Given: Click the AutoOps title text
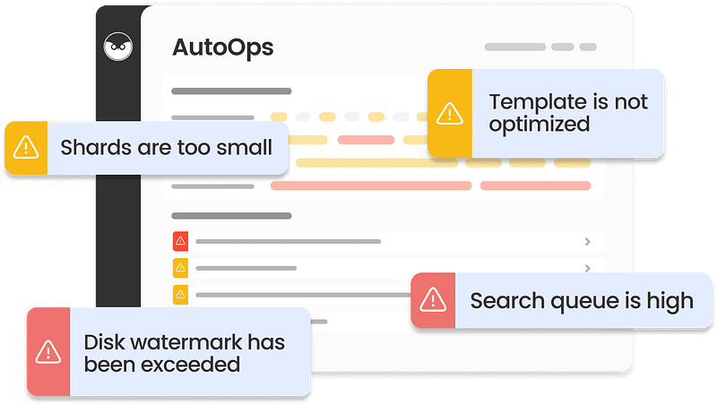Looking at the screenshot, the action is click(x=222, y=48).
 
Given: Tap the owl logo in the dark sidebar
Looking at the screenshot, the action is click(x=118, y=47).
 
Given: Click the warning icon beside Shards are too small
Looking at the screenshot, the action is click(x=26, y=147).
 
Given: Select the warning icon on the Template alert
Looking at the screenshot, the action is click(x=450, y=114).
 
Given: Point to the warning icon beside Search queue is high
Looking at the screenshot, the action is click(x=433, y=300).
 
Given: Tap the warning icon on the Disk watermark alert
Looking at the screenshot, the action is click(x=48, y=352).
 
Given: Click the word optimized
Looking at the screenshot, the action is click(x=540, y=125).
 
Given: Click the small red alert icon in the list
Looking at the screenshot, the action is click(x=181, y=241).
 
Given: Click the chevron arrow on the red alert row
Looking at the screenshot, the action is click(x=588, y=241).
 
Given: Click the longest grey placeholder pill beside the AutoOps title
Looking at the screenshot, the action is click(x=514, y=47).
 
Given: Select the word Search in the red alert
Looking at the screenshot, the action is click(x=507, y=301).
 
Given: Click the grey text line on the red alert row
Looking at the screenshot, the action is click(x=288, y=241).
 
